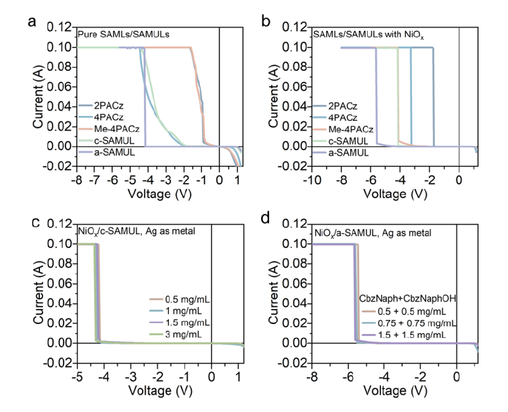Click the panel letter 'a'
point(31,20)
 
